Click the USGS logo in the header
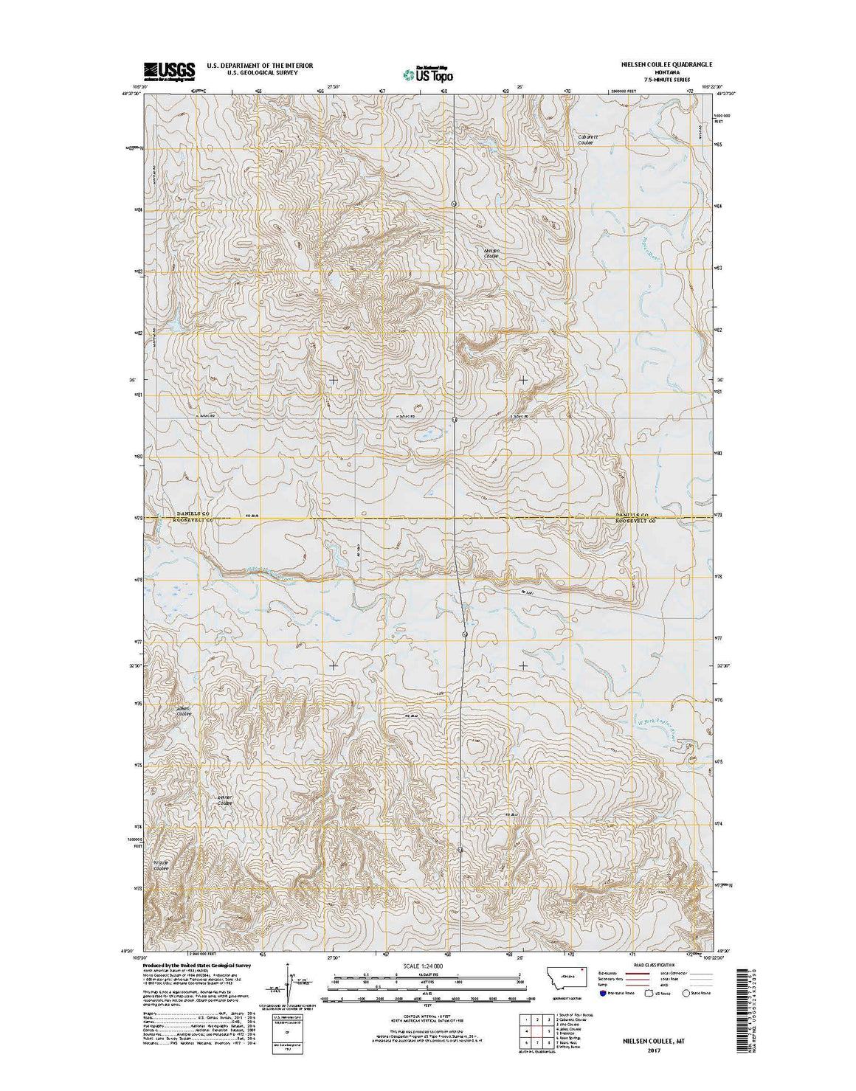pyautogui.click(x=169, y=71)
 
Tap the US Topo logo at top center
pyautogui.click(x=428, y=74)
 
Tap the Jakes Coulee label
pyautogui.click(x=184, y=711)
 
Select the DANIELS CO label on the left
pyautogui.click(x=193, y=513)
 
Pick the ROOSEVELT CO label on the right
pyautogui.click(x=635, y=521)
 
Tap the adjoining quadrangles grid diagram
pyautogui.click(x=537, y=1031)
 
